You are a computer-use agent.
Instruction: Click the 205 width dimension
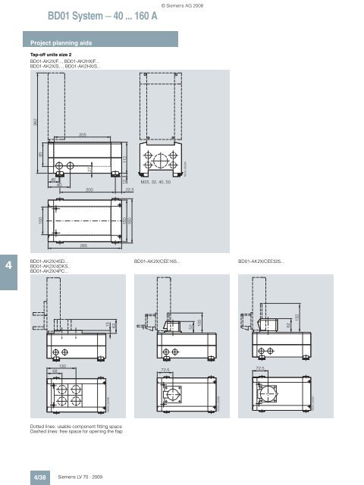pyautogui.click(x=83, y=135)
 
